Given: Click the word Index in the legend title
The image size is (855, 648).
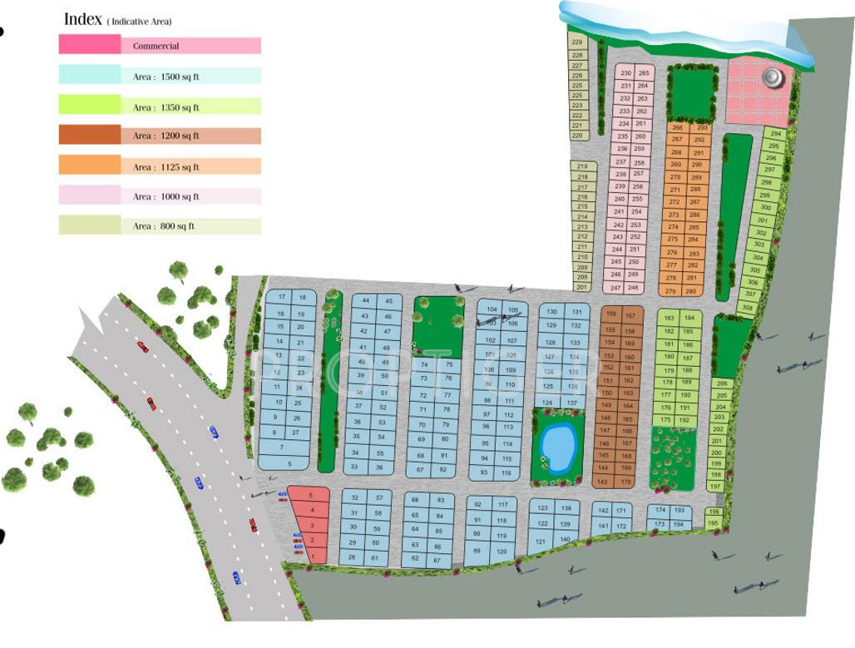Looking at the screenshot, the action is click(82, 19).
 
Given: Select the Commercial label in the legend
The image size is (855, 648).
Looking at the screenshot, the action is click(156, 47).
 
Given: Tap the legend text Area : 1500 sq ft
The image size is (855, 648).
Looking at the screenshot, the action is click(166, 77).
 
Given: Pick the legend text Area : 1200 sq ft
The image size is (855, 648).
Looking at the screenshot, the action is click(166, 136).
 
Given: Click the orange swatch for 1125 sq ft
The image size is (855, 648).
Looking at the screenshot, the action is click(89, 166).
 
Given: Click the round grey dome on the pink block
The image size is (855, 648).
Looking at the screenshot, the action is click(772, 77).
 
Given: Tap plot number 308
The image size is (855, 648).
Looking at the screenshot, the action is click(748, 308).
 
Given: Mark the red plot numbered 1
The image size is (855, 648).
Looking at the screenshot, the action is click(312, 556).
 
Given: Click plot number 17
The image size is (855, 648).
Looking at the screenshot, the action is click(282, 297).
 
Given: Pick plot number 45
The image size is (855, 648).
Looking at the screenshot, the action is click(388, 300).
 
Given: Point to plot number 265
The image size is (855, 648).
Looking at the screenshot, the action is click(643, 73).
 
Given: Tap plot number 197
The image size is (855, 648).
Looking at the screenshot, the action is click(714, 487).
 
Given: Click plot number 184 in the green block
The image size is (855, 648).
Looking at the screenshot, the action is click(689, 318).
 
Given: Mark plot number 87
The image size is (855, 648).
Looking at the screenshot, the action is click(438, 561).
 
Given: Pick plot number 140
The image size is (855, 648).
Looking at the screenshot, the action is click(566, 540).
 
